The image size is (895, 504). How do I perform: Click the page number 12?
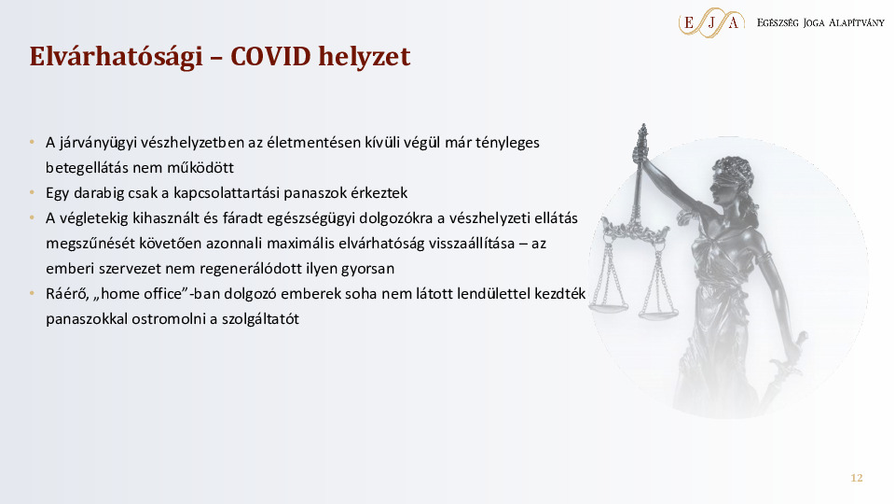click(856, 479)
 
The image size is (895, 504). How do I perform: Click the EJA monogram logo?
click(711, 21)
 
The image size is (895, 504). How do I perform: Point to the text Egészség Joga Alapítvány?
click(820, 21)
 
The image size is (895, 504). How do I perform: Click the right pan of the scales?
click(658, 315)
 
